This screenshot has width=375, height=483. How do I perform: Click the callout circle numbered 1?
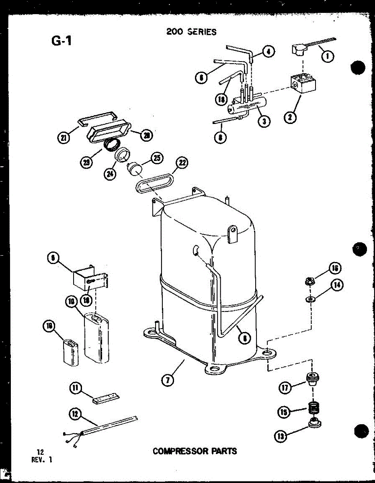point(328,56)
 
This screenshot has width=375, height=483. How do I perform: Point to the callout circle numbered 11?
point(76,388)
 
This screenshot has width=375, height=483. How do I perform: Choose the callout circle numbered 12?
point(75,414)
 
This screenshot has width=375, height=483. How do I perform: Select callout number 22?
point(182,163)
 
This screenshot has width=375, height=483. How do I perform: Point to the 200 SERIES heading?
point(191,31)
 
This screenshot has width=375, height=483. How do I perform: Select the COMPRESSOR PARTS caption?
point(195,451)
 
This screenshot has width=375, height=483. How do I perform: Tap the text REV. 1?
point(41,460)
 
